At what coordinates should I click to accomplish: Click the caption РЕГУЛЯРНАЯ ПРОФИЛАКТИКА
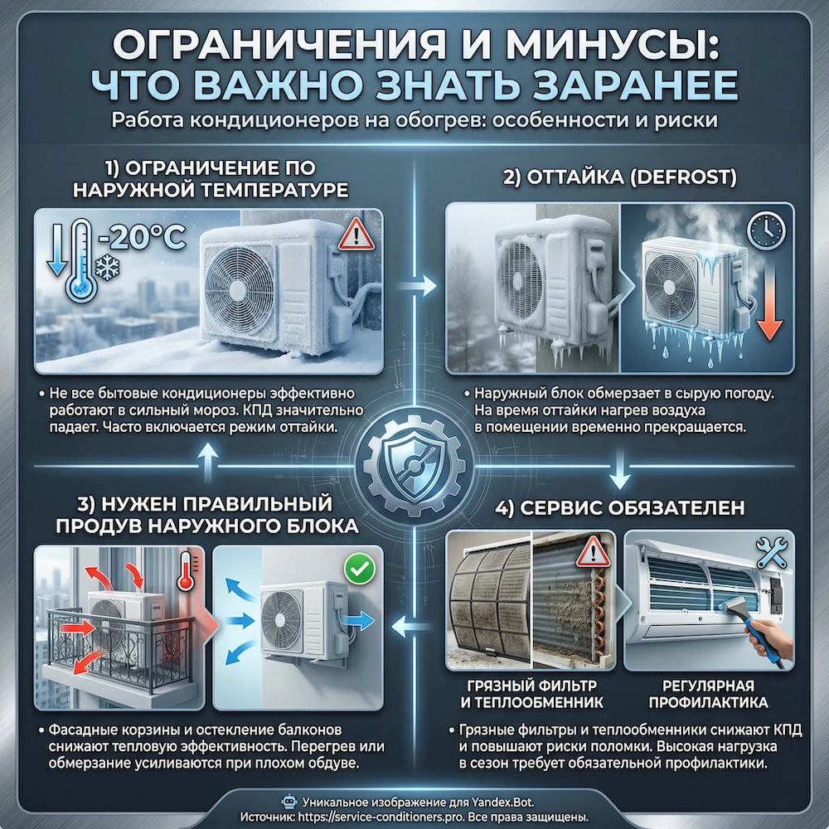(x=707, y=694)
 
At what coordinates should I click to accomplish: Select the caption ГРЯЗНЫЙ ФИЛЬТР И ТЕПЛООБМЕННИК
(x=531, y=694)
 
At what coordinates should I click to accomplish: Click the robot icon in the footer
(x=289, y=802)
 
